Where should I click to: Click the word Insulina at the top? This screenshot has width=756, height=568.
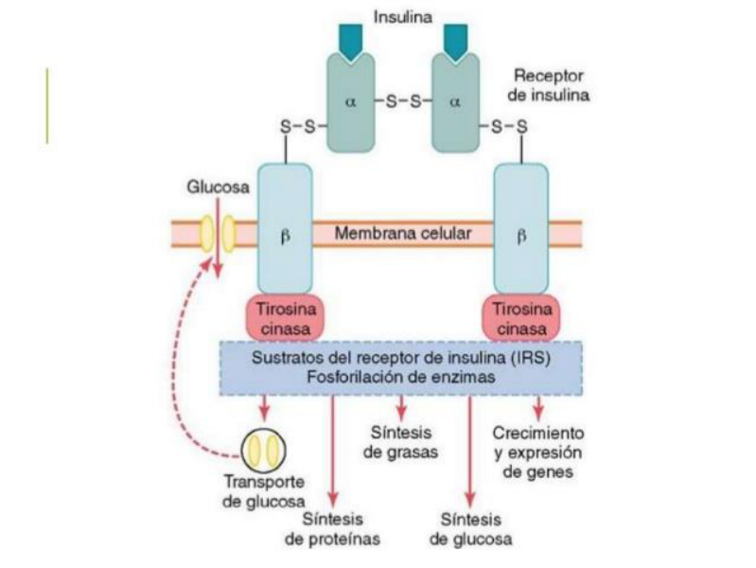(x=402, y=17)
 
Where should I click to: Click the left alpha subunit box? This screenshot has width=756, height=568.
(x=351, y=103)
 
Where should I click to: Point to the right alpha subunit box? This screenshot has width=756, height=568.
(x=456, y=103)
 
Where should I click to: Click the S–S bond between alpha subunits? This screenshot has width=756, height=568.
(x=403, y=102)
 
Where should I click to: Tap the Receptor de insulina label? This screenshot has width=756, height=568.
(x=548, y=85)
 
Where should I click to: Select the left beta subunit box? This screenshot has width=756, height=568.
(x=285, y=229)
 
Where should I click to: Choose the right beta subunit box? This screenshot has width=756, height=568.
(x=521, y=229)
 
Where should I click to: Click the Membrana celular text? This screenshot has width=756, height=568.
(x=403, y=234)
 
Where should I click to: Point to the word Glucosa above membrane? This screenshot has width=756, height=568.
(x=218, y=187)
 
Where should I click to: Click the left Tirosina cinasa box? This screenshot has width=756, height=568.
(x=285, y=318)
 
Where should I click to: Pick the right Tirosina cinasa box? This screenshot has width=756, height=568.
(x=521, y=318)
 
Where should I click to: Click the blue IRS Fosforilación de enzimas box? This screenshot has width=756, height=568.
(x=401, y=368)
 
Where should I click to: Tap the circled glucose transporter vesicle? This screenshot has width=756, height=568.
(x=263, y=451)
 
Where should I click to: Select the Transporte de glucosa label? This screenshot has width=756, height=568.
(x=264, y=491)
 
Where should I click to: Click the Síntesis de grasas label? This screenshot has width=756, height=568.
(x=400, y=442)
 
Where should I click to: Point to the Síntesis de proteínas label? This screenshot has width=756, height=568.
(x=332, y=529)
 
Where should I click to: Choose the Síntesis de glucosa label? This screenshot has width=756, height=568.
(x=470, y=529)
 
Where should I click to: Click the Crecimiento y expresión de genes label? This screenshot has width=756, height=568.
(x=538, y=453)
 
